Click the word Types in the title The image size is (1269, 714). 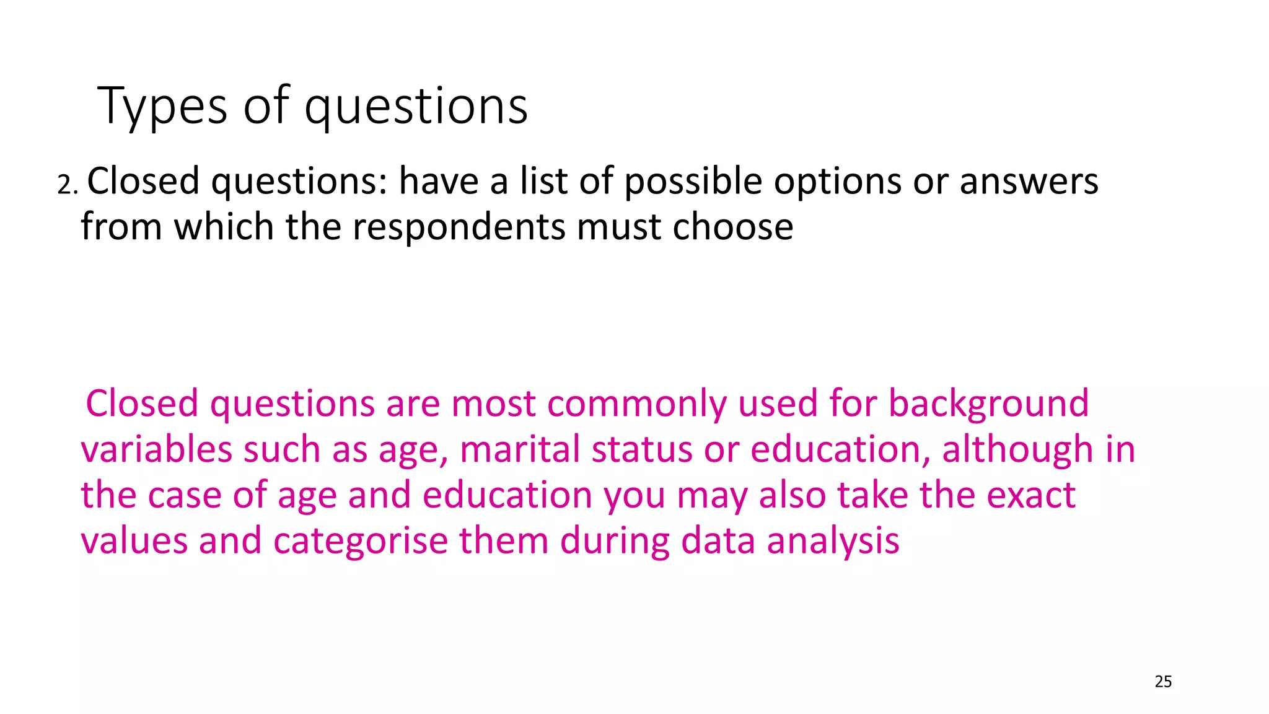[x=162, y=107]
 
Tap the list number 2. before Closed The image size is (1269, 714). [x=67, y=185]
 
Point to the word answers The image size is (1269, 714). [x=1029, y=182]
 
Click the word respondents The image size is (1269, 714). [x=459, y=227]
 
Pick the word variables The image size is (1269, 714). [x=156, y=450]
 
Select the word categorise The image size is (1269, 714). [x=361, y=541]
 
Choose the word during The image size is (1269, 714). [x=615, y=541]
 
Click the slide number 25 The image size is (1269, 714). [x=1163, y=682]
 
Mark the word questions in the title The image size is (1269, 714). [x=416, y=107]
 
